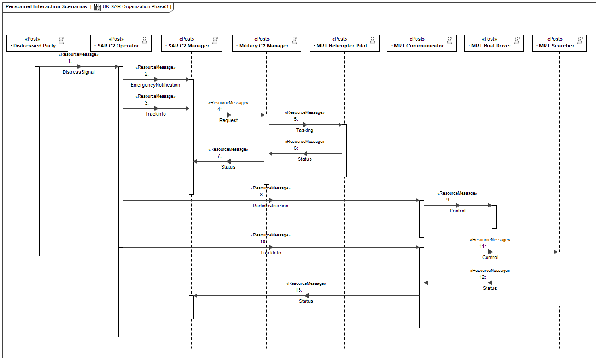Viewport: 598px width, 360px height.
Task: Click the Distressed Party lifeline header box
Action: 37,43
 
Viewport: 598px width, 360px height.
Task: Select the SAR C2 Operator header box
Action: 121,43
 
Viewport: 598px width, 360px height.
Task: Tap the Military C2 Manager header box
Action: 267,43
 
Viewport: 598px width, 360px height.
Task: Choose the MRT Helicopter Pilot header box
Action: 345,43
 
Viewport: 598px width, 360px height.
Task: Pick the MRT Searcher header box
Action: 560,43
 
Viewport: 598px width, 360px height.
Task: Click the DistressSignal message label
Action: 78,72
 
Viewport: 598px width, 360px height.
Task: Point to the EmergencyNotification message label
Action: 155,85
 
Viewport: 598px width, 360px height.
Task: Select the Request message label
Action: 229,120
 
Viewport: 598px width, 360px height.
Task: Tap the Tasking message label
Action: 305,130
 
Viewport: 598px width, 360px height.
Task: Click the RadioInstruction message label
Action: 271,206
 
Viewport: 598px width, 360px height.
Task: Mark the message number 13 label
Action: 299,290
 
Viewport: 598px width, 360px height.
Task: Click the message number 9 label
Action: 448,200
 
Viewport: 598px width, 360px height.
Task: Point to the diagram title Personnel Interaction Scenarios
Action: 46,6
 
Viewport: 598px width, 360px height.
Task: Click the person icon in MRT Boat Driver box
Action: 517,40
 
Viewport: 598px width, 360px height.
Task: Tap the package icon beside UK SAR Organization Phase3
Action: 97,7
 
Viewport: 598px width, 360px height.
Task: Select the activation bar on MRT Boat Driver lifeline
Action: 494,217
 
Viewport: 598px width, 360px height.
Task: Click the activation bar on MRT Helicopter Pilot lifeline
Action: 345,151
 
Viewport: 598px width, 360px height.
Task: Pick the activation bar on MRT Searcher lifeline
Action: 560,279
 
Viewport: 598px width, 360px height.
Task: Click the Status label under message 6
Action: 305,159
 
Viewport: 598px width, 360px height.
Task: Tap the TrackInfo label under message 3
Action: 155,114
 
